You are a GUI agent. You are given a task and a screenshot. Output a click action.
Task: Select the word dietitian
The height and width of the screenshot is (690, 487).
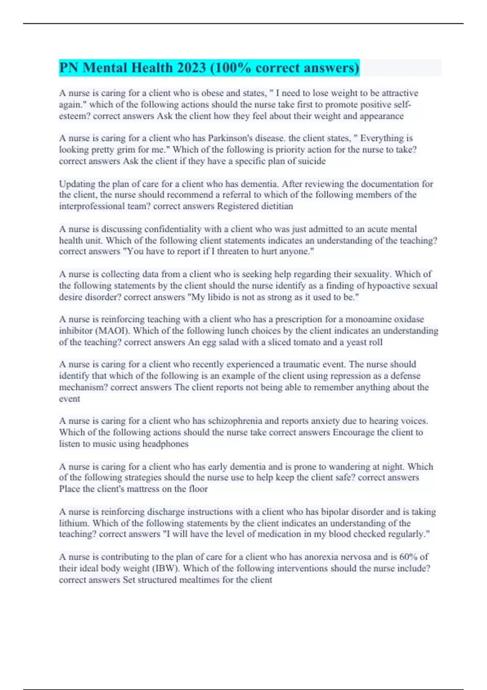(x=276, y=206)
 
